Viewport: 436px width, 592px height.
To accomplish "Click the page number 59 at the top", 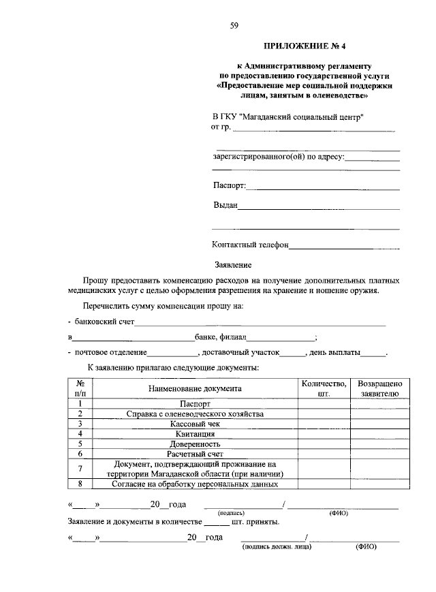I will [234, 26].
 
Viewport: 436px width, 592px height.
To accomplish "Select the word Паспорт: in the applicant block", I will [230, 185].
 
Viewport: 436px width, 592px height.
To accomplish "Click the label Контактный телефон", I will [251, 245].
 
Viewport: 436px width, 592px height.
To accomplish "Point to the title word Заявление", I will [234, 264].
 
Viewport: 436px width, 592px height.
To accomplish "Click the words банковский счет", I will [105, 320].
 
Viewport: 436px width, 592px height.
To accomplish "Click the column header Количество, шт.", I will [324, 388].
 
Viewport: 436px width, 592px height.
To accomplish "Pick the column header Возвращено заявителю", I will [379, 388].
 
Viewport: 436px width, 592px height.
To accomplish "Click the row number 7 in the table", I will [80, 469].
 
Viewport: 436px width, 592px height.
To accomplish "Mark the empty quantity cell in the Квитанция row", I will [324, 433].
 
